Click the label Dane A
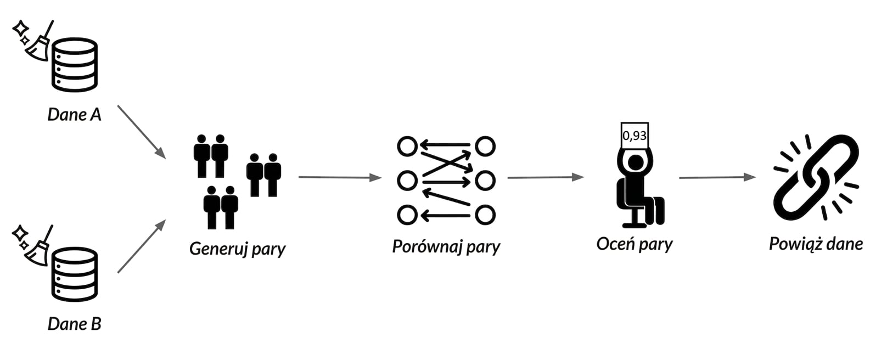pos(75,115)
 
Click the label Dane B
pos(75,324)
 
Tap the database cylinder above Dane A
pos(75,65)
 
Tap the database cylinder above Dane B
pos(75,274)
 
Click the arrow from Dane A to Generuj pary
pos(142,132)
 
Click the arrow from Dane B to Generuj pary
pos(142,246)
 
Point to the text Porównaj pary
pos(446,246)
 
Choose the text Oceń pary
pos(635,244)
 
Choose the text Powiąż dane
pos(816,244)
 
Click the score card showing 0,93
pos(635,136)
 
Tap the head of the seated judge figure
pos(636,163)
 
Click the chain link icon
pos(816,177)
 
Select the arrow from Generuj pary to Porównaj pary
pos(340,177)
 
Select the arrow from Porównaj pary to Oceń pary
pos(546,177)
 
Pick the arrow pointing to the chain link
pos(717,177)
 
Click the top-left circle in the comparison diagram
pos(407,147)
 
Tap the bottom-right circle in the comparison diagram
pos(485,216)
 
